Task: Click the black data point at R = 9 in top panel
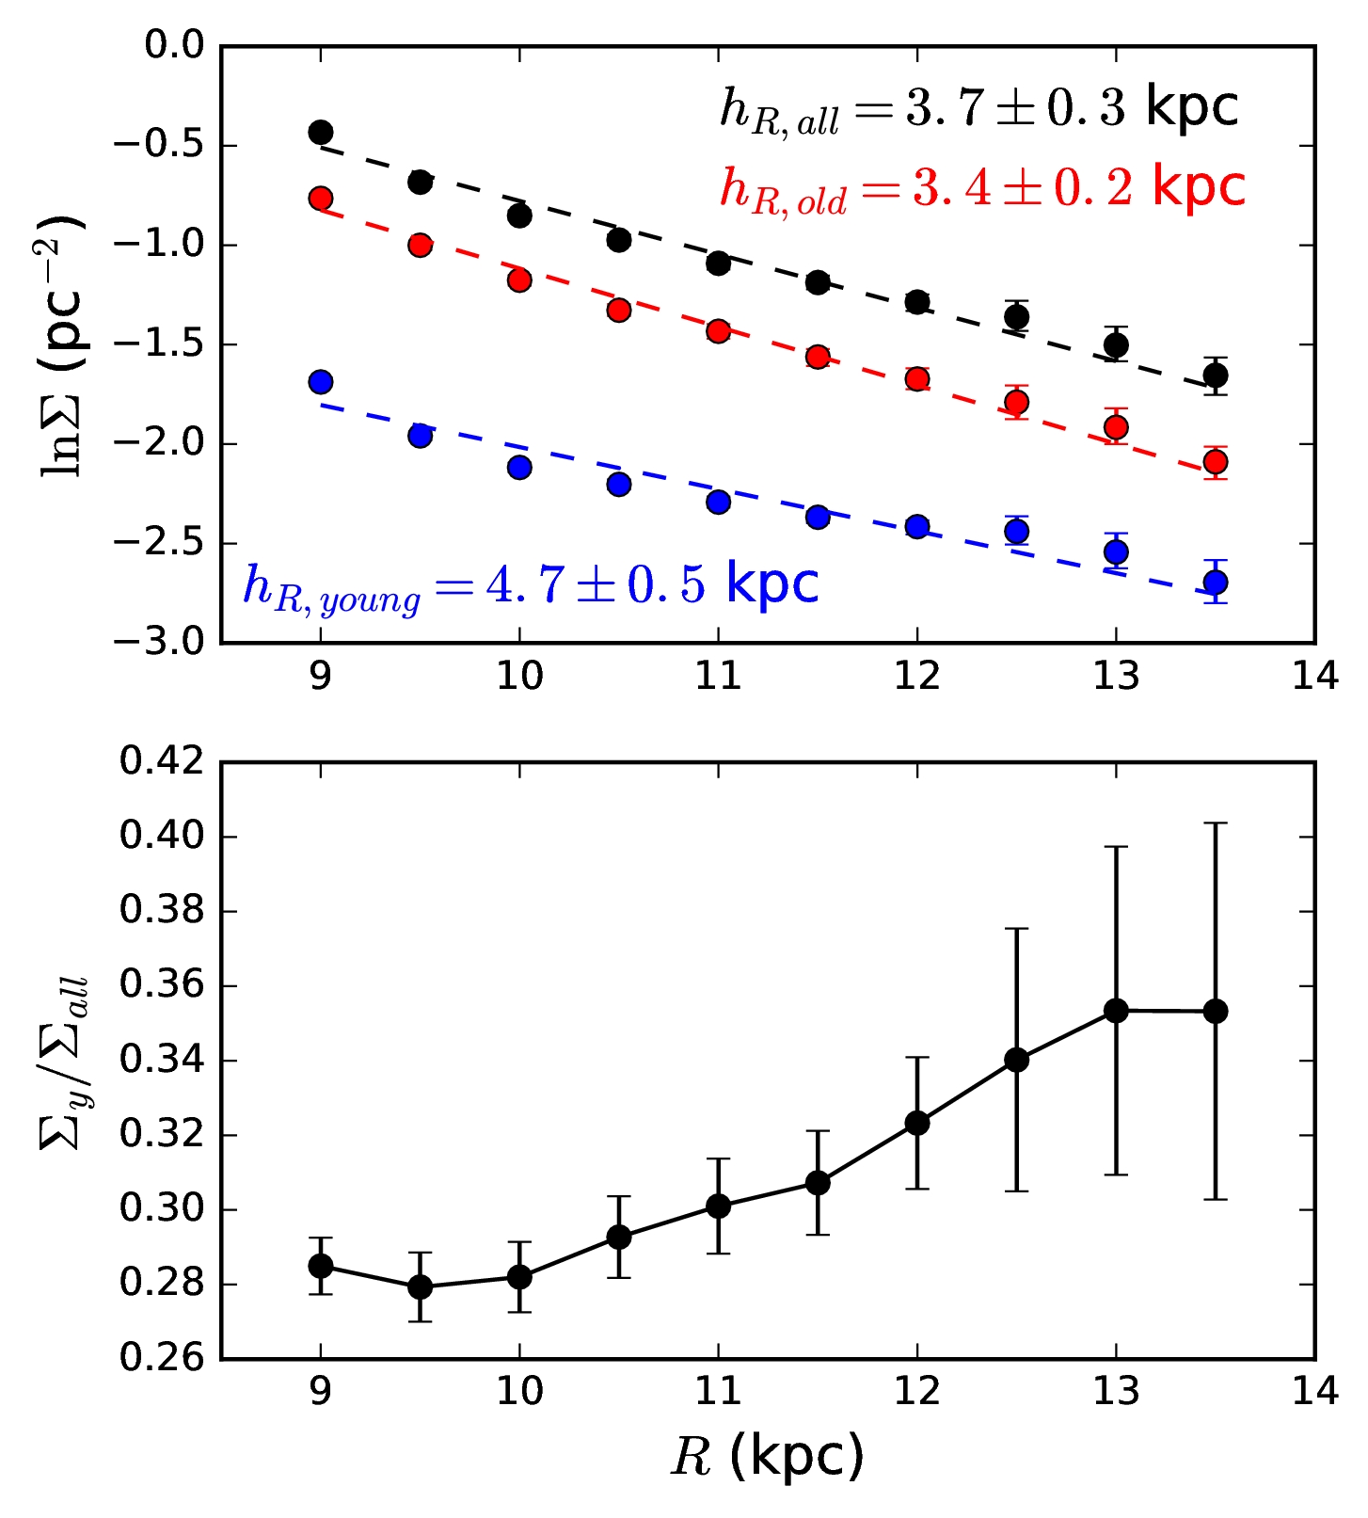tap(321, 132)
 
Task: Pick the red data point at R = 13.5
tap(1216, 461)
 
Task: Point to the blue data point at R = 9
tap(321, 382)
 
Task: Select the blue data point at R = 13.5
tap(1216, 583)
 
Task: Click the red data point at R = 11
tap(719, 331)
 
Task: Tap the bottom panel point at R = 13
tap(1117, 1011)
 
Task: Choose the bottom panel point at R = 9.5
tap(421, 1286)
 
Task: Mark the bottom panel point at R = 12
tap(917, 1123)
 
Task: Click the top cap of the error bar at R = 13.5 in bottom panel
tap(1216, 823)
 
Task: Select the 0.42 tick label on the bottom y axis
tap(162, 761)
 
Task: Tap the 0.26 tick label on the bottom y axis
tap(162, 1358)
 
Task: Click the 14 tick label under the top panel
tap(1314, 677)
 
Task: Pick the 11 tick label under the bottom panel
tap(719, 1392)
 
